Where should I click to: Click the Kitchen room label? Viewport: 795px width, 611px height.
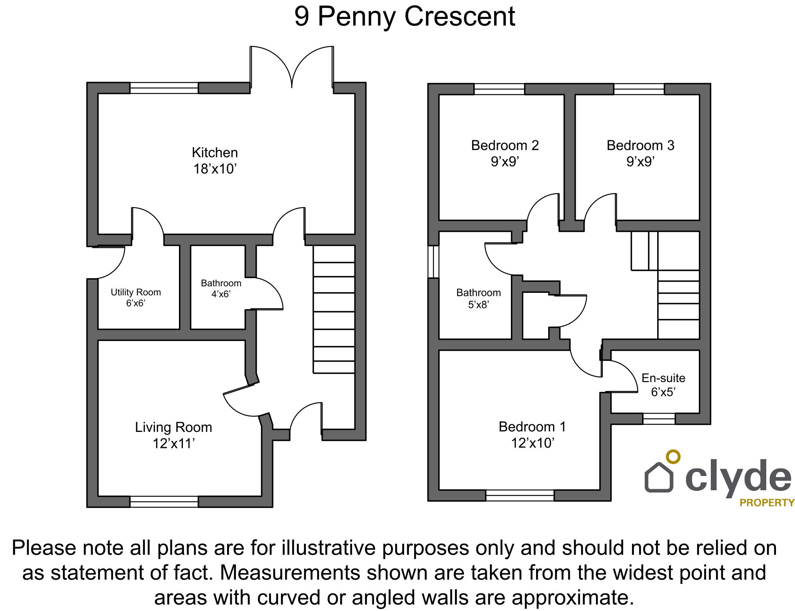click(215, 153)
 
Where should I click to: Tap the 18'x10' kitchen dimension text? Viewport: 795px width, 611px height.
click(215, 169)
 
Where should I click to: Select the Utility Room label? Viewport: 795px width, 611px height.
click(136, 292)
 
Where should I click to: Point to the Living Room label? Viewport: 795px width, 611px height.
click(174, 427)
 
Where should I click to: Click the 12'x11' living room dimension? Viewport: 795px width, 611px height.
click(174, 444)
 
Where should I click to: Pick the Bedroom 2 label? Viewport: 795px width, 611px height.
click(505, 145)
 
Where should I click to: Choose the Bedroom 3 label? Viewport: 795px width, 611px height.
click(641, 145)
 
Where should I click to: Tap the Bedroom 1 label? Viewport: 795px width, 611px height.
click(532, 427)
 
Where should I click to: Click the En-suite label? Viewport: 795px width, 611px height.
click(663, 378)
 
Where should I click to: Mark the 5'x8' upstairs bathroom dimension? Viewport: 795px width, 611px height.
click(479, 305)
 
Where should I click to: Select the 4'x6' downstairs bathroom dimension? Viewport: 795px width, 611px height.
click(221, 294)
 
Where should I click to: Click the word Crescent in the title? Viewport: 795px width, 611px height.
click(460, 17)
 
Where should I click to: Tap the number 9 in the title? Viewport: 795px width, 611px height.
click(302, 17)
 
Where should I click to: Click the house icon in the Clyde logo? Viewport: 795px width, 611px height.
click(659, 477)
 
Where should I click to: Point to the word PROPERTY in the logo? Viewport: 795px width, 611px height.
click(767, 503)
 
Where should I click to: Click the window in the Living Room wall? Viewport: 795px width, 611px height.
click(164, 501)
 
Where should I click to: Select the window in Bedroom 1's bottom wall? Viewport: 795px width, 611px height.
click(520, 495)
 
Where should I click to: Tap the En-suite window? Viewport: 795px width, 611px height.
click(659, 419)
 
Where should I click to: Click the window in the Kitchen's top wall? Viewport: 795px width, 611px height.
click(164, 88)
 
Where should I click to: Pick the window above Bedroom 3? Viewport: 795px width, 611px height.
click(639, 89)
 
